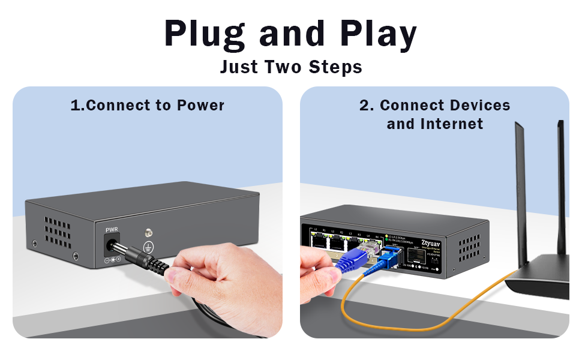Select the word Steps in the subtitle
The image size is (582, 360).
(x=335, y=67)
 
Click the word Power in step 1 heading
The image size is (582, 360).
(x=200, y=106)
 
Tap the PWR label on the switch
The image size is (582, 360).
(x=112, y=230)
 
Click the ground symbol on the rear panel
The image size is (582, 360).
(x=147, y=246)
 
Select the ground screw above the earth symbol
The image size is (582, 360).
(x=147, y=232)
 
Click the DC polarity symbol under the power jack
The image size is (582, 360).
(x=112, y=259)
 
